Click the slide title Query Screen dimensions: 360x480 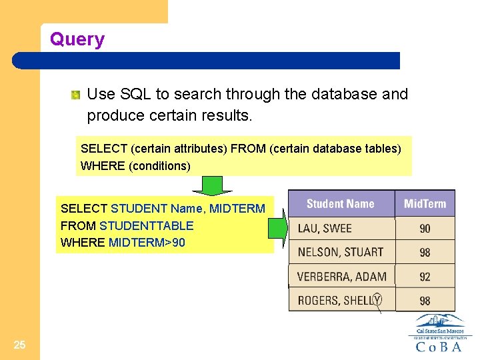[77, 39]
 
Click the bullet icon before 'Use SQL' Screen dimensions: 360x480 [77, 95]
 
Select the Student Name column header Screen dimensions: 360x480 [340, 204]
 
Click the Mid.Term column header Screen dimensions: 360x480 [425, 204]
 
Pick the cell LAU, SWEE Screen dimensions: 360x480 [325, 228]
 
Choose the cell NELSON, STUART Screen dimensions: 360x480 [340, 252]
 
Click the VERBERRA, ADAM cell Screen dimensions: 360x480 [341, 276]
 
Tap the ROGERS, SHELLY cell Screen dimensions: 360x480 [339, 300]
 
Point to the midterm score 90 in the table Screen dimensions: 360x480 [425, 229]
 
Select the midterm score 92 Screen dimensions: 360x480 [425, 277]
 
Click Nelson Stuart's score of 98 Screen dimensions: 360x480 [425, 253]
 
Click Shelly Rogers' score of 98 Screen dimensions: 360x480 [425, 301]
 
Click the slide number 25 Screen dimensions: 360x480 [19, 345]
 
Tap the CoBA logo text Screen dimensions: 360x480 [438, 347]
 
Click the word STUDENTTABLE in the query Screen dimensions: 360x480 [146, 226]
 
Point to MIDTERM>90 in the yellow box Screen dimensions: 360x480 [147, 243]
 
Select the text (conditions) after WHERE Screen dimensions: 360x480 [159, 165]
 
